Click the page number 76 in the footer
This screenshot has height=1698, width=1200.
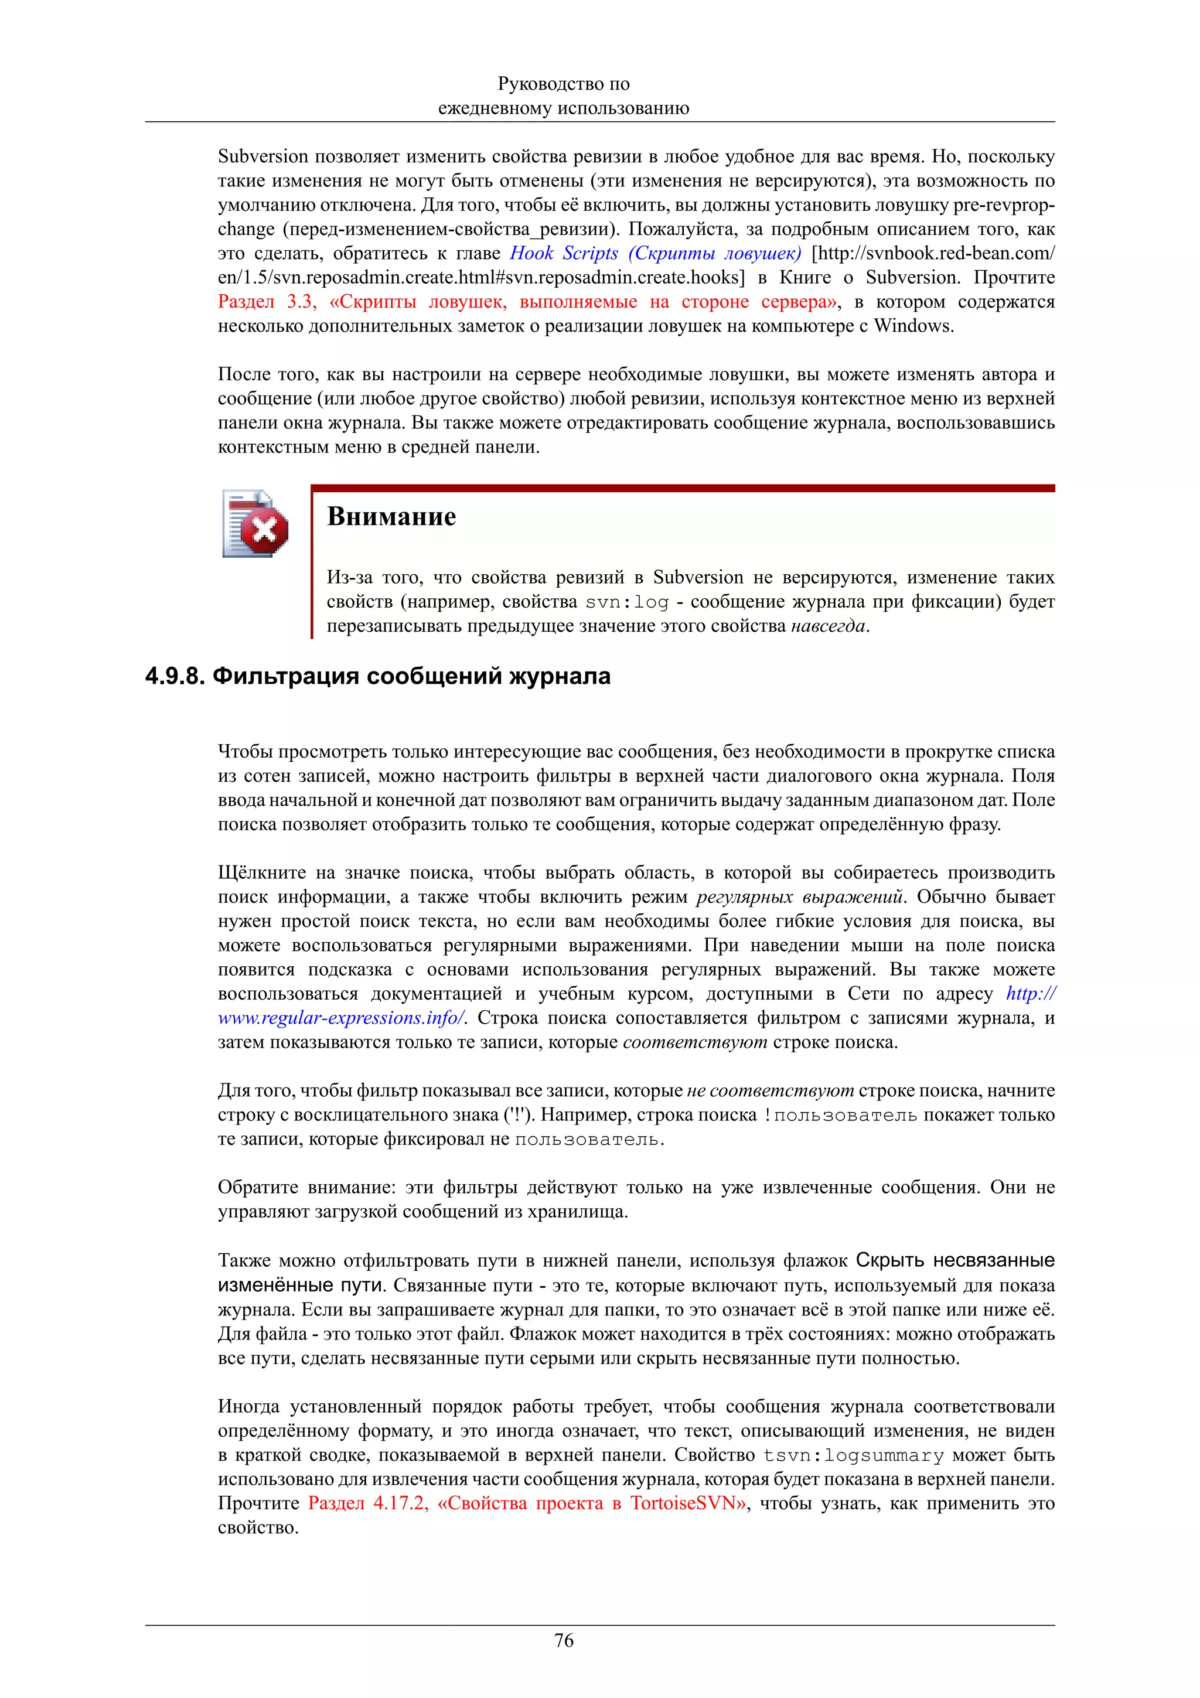tap(564, 1641)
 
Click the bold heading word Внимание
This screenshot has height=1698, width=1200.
tap(391, 516)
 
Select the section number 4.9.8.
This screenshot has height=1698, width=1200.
tap(175, 677)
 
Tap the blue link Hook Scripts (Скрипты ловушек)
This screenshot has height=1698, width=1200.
tap(655, 254)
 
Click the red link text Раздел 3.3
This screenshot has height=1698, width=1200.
tap(267, 302)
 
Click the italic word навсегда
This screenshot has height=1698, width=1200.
tap(827, 626)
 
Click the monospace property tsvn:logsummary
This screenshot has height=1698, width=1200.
tap(854, 1455)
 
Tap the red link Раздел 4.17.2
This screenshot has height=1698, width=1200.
tap(367, 1503)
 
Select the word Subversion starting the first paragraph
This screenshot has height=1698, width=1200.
tap(262, 157)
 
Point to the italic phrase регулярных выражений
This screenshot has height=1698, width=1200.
tap(799, 897)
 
